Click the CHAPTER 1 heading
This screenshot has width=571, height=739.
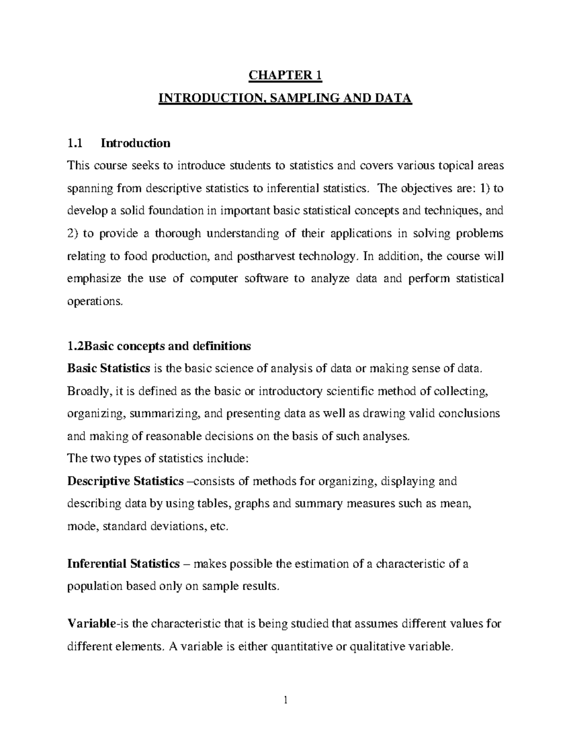pos(285,75)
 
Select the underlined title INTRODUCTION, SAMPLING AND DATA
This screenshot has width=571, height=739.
pos(285,99)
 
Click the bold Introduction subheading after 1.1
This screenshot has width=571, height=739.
pos(135,143)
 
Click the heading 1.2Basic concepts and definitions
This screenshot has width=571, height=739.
pos(159,346)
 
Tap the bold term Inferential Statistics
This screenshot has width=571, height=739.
pos(123,564)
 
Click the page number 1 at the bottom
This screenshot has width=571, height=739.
pos(285,700)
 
